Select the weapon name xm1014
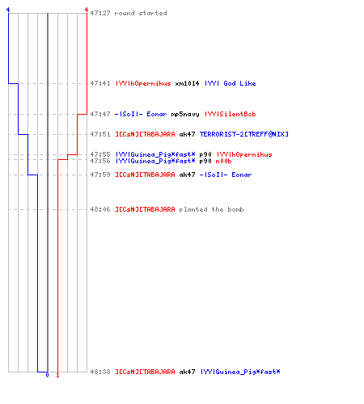pos(187,83)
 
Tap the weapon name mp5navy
pos(185,114)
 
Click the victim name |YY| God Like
pos(231,83)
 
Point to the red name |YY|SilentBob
pos(231,114)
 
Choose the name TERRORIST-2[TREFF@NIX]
pos(244,134)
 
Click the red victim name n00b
pos(223,161)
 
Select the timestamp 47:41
pos(100,83)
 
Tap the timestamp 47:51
pos(100,134)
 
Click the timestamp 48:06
pos(100,209)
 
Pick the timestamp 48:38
pos(100,372)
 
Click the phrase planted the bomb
pos(211,209)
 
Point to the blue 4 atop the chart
pos(8,10)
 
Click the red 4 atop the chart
pos(87,10)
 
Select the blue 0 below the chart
pos(47,375)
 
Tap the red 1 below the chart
pos(57,375)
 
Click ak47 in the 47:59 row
pos(187,175)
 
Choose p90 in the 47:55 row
pos(205,154)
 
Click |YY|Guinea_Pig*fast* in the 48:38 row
pos(240,372)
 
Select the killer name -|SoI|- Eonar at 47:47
pos(141,114)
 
